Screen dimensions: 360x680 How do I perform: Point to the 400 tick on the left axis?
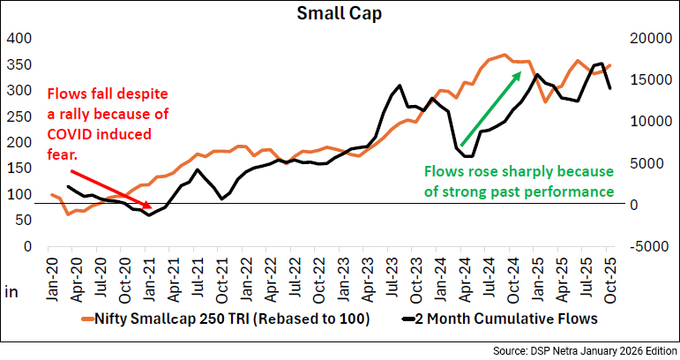click(19, 39)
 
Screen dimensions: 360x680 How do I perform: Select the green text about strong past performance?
click(518, 181)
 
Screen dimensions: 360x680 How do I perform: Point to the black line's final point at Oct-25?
click(609, 88)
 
